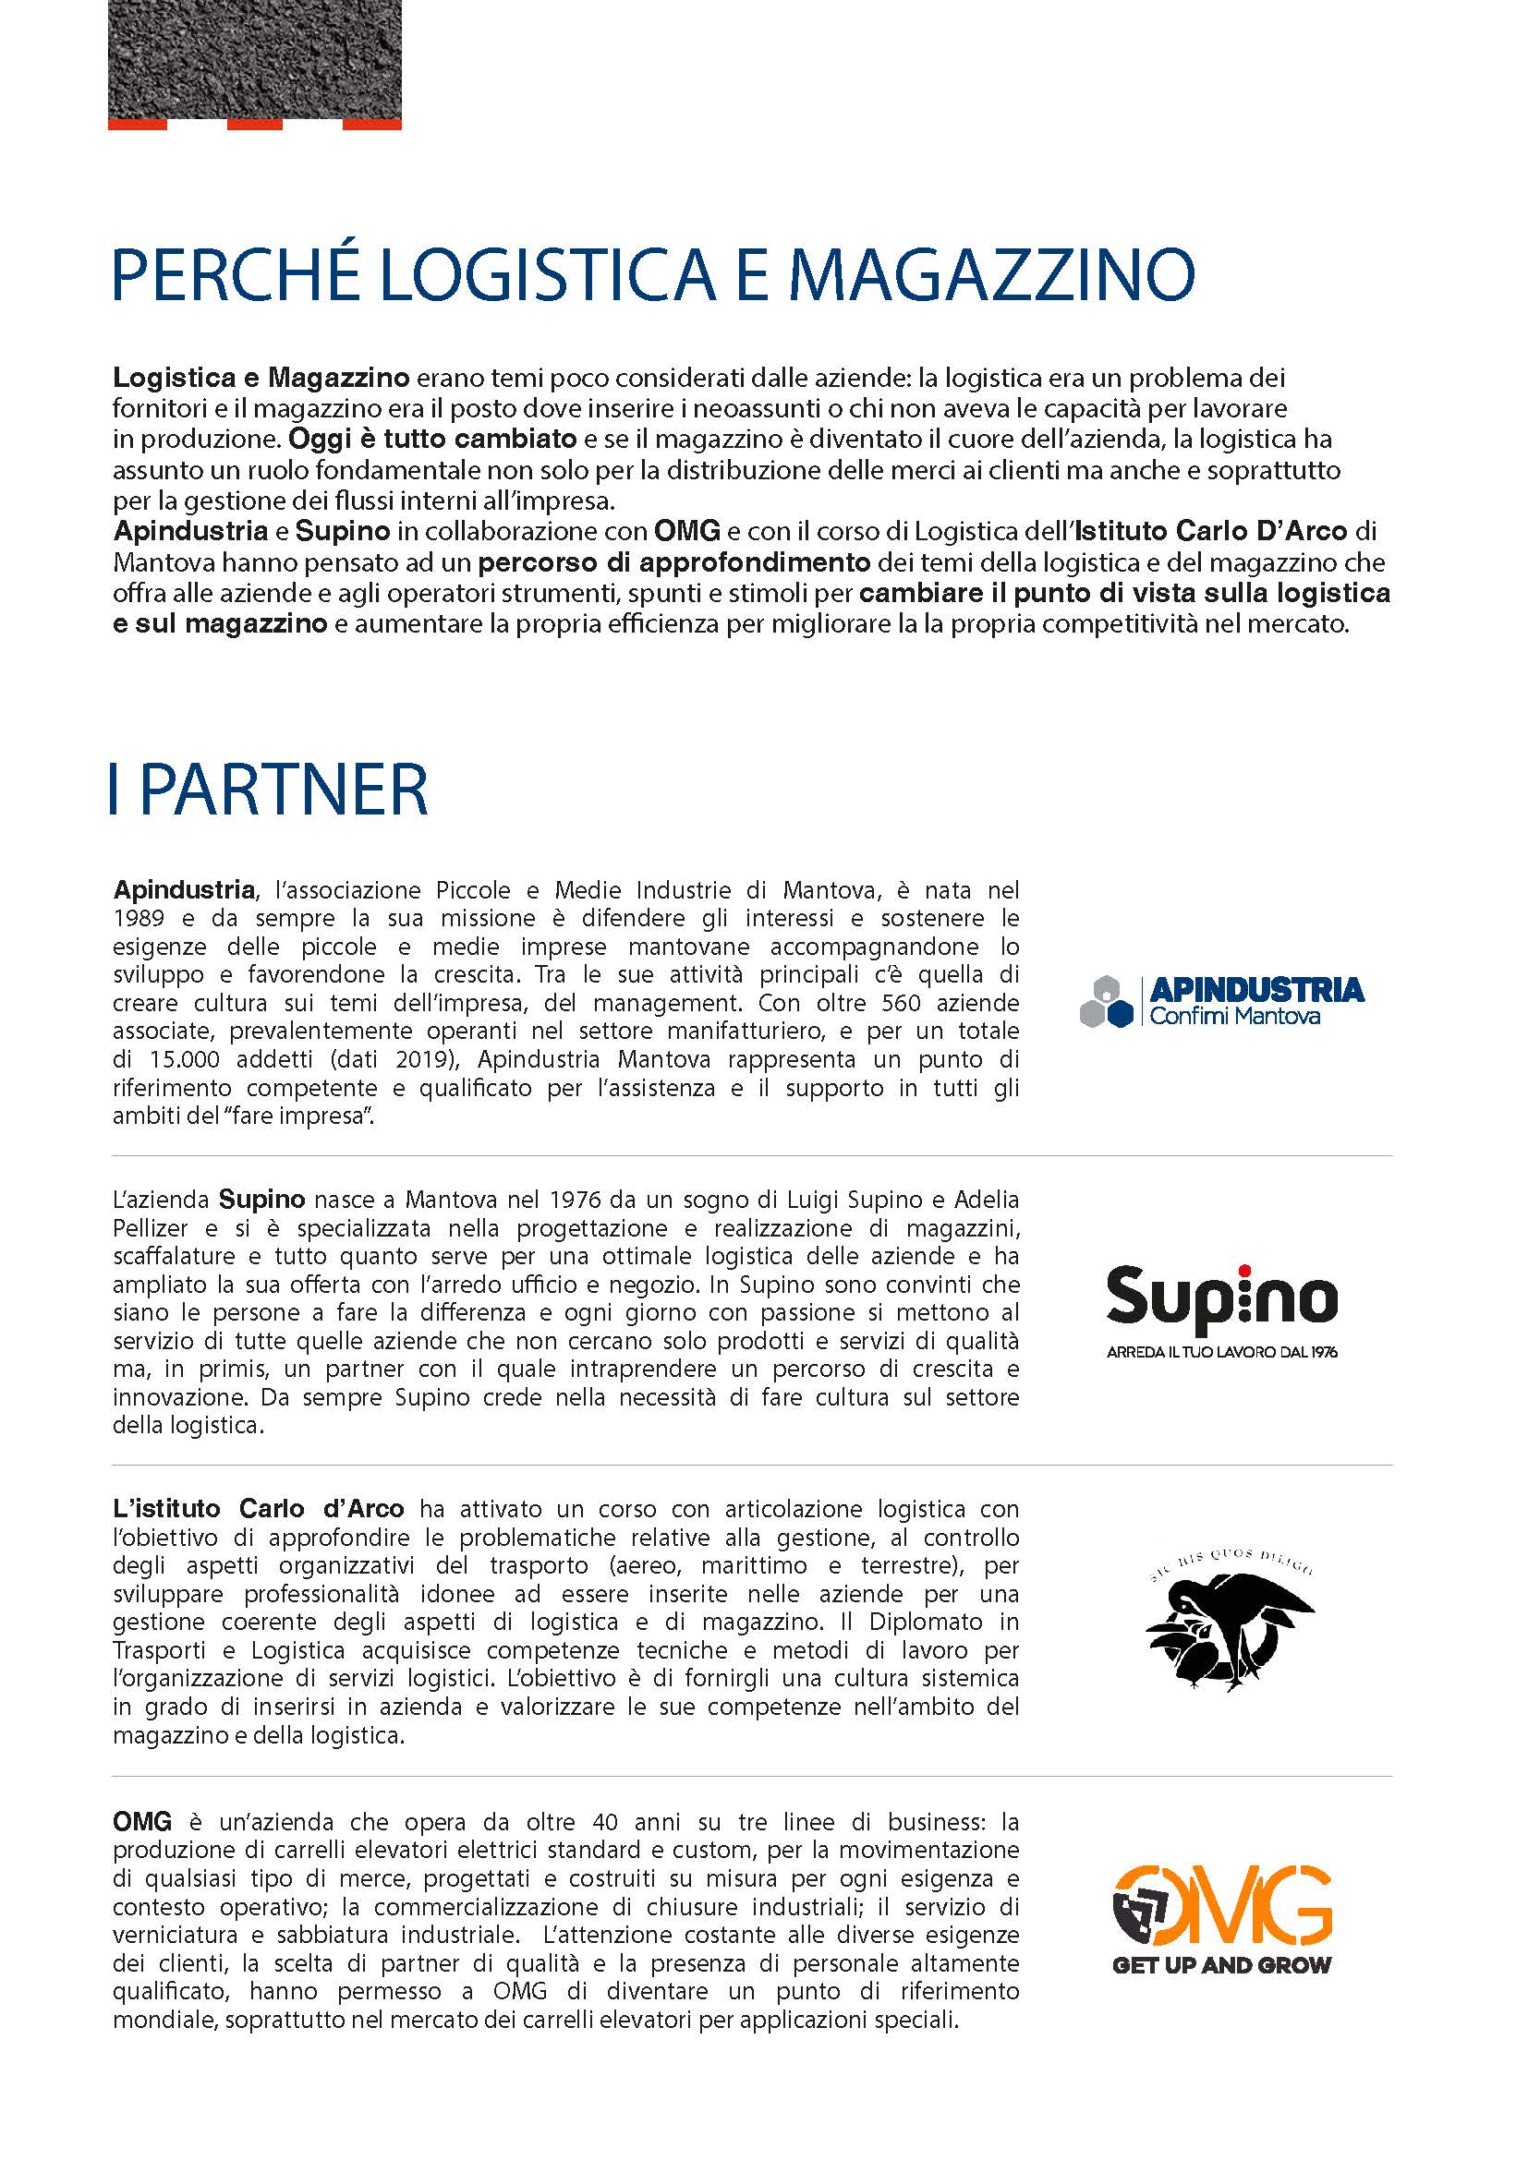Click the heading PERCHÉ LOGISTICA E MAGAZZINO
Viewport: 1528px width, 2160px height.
pos(653,274)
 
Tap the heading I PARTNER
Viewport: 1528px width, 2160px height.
pos(269,790)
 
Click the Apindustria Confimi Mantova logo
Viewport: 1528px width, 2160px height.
pos(1221,1001)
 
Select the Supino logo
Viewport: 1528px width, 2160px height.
pos(1221,1300)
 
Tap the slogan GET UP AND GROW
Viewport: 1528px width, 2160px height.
pos(1221,1965)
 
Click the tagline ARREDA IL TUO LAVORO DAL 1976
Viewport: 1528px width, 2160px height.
pos(1221,1353)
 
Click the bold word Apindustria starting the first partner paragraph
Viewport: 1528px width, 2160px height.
pos(184,890)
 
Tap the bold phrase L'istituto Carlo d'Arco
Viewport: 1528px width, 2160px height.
pos(258,1509)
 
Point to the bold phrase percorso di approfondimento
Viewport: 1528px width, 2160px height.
pos(673,563)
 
